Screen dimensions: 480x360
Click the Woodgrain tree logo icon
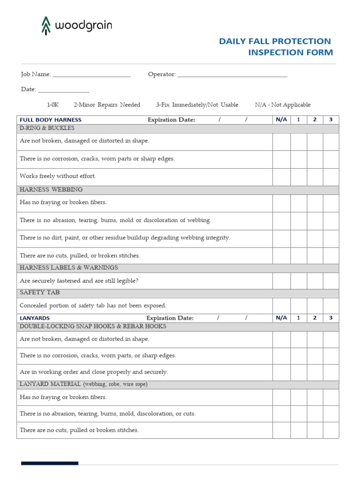click(45, 26)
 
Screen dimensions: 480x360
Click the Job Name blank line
click(92, 75)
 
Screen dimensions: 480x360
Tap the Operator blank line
click(232, 75)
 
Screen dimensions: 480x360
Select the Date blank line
click(63, 90)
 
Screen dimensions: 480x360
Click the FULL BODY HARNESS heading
click(51, 120)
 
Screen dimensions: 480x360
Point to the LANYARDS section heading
click(35, 318)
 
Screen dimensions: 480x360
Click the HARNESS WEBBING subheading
click(51, 190)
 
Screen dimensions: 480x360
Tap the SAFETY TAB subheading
click(40, 292)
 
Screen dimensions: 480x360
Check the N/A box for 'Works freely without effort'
click(281, 177)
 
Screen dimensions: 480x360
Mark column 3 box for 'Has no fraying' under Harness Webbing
click(330, 203)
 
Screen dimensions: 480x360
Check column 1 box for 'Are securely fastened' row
click(299, 281)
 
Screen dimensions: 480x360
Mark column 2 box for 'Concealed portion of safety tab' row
click(315, 306)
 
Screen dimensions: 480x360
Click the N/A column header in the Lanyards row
click(281, 318)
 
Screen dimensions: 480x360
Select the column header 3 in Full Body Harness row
click(330, 120)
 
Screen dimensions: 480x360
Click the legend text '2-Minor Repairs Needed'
click(107, 105)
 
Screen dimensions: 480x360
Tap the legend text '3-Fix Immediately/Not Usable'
click(197, 105)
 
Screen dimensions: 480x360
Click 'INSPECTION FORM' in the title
click(290, 52)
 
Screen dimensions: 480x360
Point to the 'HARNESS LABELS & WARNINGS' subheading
click(69, 268)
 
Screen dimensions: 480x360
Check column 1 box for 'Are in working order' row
click(299, 372)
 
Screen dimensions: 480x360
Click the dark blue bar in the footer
click(50, 463)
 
